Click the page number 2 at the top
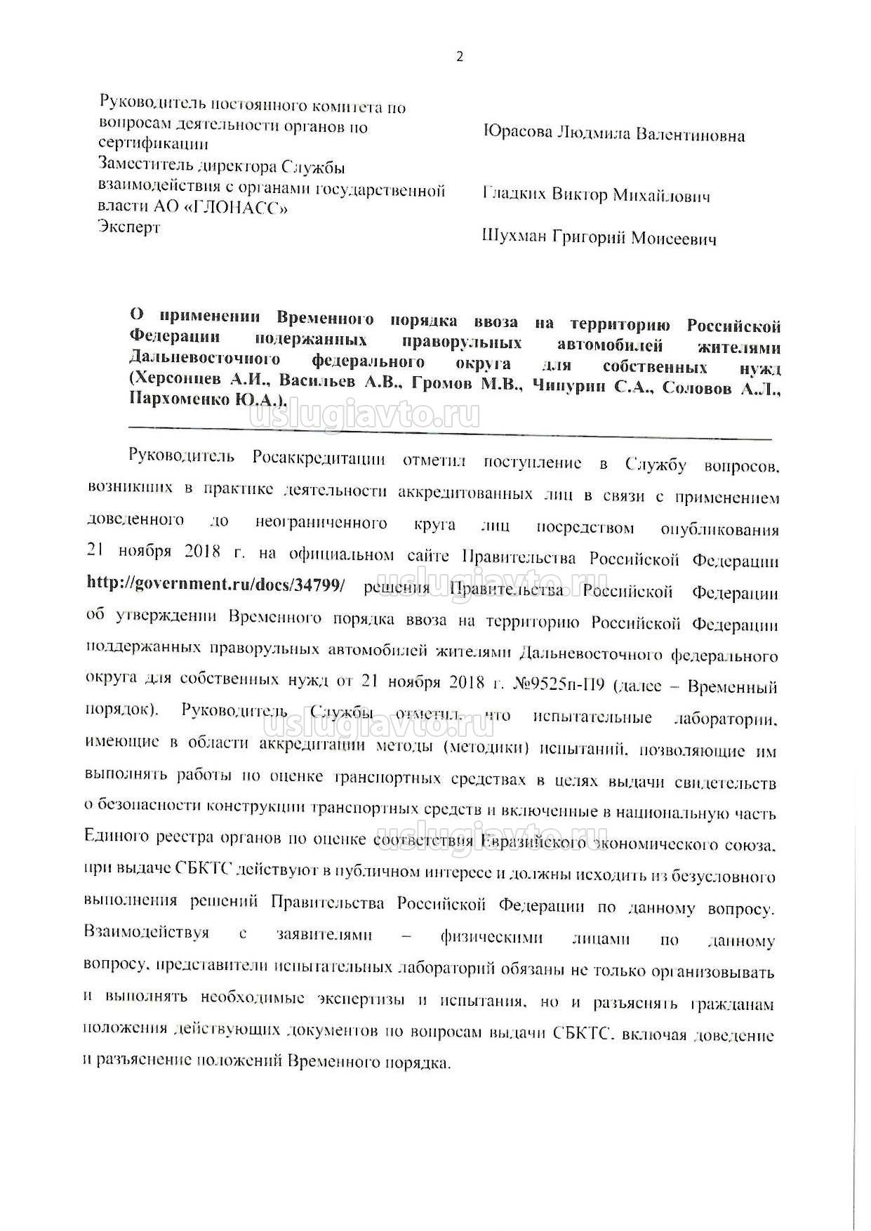(460, 58)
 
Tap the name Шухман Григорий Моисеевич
(599, 239)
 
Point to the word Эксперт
(130, 227)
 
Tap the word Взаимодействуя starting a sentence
(147, 933)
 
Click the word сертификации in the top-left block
(153, 145)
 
